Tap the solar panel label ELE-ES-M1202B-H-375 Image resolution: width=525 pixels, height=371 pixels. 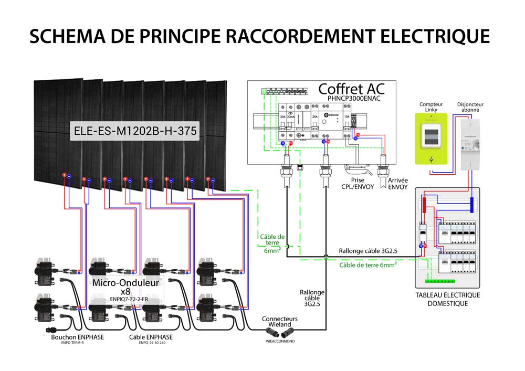coord(135,131)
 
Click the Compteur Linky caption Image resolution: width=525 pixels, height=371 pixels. coord(431,107)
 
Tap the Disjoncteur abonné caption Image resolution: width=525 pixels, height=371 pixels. coord(470,107)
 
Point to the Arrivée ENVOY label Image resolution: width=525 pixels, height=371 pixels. coord(398,183)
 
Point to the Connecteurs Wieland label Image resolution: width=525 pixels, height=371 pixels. coord(279,322)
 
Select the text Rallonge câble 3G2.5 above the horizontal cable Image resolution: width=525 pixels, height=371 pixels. coord(367,251)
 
